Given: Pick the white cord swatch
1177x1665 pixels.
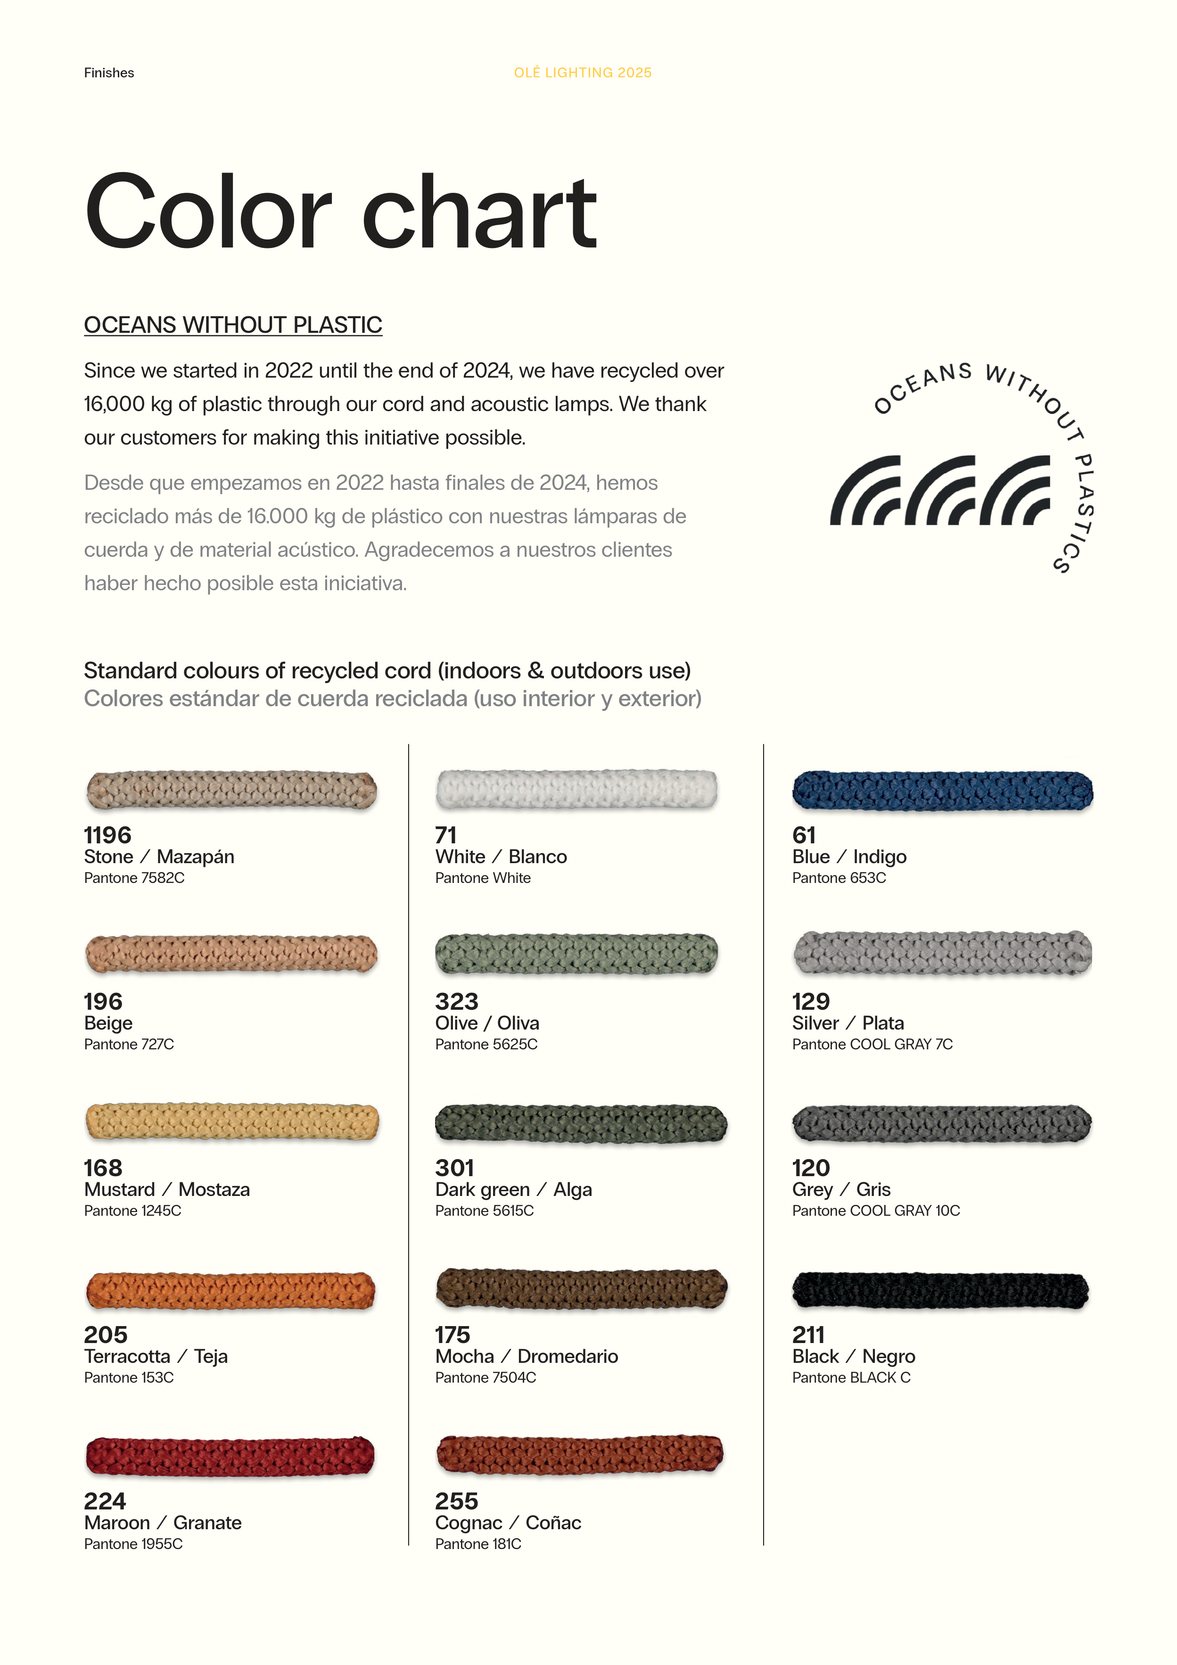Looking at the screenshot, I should tap(576, 789).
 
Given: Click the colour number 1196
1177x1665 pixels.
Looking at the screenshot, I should tap(107, 835).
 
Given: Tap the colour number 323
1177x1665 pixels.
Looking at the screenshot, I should tap(456, 1001).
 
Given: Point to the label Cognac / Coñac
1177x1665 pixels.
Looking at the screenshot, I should tap(508, 1522).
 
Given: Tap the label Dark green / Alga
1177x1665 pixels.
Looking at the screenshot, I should tap(513, 1189).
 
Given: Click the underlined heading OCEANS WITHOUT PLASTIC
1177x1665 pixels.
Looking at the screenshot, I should tap(233, 325).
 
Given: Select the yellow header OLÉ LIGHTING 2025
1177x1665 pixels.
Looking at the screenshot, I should tap(582, 73).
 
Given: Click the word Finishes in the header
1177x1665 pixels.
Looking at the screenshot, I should tap(109, 73).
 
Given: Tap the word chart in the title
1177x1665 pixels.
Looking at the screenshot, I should tap(479, 213).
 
